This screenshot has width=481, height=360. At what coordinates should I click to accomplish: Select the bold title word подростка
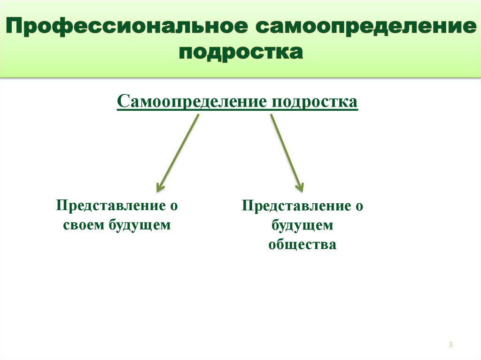[240, 52]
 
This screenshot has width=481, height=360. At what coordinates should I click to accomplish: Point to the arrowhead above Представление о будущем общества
[299, 186]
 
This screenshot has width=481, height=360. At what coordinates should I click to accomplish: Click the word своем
[84, 225]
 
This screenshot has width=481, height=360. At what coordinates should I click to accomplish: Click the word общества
[302, 245]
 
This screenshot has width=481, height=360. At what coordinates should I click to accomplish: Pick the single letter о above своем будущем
[174, 206]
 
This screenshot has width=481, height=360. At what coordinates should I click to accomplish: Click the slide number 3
[450, 345]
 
